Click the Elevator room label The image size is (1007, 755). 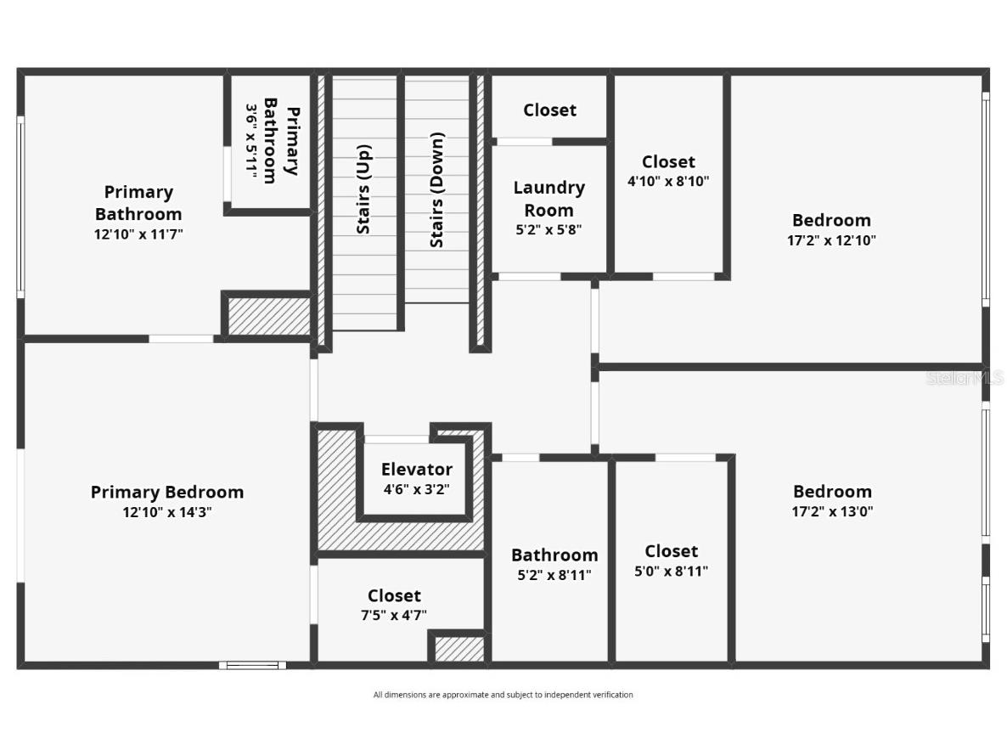tap(416, 469)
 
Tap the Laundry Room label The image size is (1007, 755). tap(549, 199)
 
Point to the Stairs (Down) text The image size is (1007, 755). tap(437, 189)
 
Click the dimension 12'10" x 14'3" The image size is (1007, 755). tap(167, 512)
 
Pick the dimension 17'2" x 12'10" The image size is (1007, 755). tap(831, 240)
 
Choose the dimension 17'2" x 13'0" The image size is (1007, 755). tap(832, 511)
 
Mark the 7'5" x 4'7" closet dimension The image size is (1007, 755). tap(394, 615)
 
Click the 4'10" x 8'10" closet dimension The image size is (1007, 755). tap(668, 181)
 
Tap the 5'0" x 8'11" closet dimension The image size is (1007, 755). tap(671, 572)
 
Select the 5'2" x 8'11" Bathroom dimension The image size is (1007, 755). tap(554, 575)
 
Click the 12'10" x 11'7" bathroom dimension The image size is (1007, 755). tap(138, 234)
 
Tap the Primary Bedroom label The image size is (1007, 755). tap(167, 492)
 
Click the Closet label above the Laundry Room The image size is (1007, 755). tap(549, 110)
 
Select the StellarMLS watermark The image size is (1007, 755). tap(965, 378)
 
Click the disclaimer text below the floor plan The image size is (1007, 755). tap(503, 695)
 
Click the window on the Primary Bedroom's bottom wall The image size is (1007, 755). tap(252, 665)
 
